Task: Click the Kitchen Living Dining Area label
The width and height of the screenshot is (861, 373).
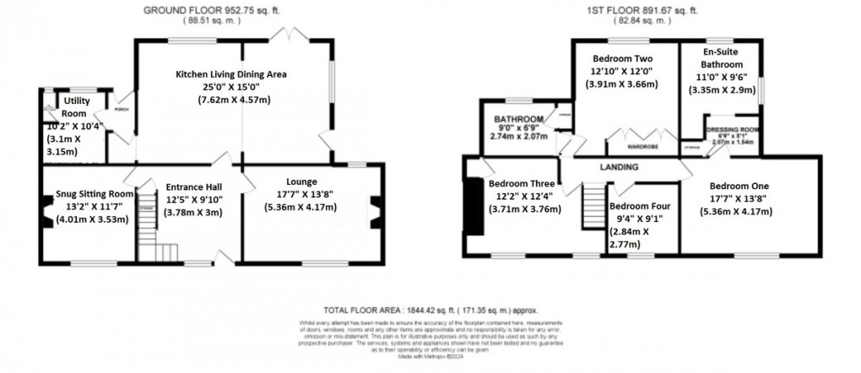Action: (x=230, y=74)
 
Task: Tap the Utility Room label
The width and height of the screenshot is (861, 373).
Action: (x=73, y=107)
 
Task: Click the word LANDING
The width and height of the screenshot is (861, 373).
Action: (x=620, y=167)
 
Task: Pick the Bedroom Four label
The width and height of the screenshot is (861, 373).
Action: (x=642, y=206)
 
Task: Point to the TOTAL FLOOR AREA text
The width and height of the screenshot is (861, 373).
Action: (x=430, y=311)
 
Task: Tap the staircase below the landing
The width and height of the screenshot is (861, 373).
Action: (x=594, y=210)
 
